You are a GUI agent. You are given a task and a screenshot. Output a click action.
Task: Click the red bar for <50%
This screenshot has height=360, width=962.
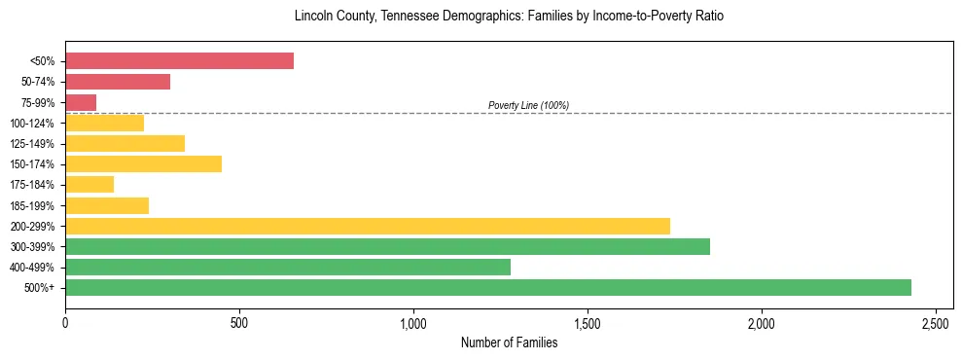click(x=179, y=61)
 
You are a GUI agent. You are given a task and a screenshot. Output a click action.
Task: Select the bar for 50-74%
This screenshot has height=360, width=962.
click(x=118, y=82)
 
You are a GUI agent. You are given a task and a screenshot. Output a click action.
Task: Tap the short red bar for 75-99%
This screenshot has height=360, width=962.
click(x=81, y=102)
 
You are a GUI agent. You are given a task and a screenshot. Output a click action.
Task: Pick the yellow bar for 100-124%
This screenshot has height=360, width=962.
click(x=104, y=123)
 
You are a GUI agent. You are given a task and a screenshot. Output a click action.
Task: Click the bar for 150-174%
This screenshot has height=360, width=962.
click(x=143, y=163)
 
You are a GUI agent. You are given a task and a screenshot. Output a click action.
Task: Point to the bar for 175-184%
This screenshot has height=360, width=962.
click(x=89, y=185)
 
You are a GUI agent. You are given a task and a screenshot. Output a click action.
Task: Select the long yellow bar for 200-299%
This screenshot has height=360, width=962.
click(x=368, y=226)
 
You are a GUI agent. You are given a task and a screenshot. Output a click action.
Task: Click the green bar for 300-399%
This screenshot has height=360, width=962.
click(x=387, y=246)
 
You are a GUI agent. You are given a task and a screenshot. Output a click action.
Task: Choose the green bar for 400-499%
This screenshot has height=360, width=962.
click(x=288, y=267)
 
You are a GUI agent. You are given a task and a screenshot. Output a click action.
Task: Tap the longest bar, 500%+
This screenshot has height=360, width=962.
click(x=488, y=287)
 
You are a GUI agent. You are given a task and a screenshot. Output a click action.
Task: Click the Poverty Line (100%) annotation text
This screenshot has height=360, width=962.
click(x=528, y=105)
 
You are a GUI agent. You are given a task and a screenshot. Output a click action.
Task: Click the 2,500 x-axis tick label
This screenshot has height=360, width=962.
click(x=936, y=322)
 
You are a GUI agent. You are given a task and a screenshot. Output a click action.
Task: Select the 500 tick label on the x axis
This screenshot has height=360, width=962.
click(x=239, y=322)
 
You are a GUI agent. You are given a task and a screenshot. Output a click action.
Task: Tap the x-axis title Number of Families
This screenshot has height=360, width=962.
click(x=509, y=342)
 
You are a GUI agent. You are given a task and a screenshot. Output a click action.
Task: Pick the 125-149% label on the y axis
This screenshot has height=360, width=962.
click(x=32, y=144)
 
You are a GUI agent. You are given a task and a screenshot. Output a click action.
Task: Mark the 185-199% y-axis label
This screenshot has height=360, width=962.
click(x=32, y=205)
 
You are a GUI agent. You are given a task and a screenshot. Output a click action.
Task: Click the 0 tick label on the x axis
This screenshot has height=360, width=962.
click(x=65, y=322)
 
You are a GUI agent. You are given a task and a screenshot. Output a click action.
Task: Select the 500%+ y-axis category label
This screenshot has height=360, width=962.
click(x=39, y=288)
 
